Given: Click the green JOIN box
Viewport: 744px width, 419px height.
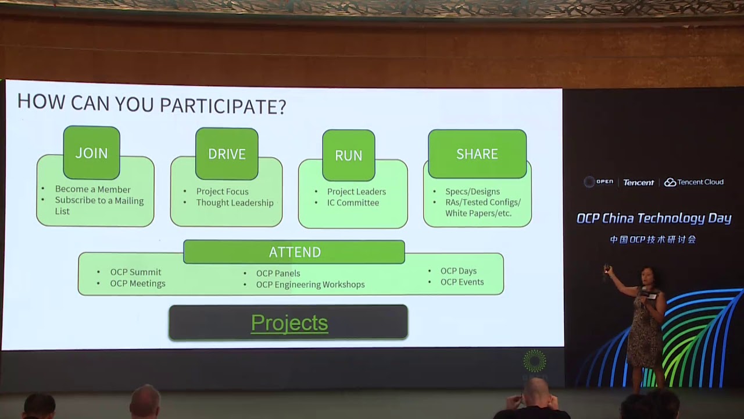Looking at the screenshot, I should [91, 153].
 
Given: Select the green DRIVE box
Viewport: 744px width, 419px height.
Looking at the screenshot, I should [227, 154].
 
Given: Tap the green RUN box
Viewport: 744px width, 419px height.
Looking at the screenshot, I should [349, 155].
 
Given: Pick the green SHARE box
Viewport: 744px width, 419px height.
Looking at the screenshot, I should [477, 154].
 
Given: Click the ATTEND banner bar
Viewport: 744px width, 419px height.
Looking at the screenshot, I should [294, 252].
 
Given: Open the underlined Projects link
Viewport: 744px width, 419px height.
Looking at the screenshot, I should [289, 323].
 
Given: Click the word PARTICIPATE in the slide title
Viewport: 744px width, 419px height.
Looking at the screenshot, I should [223, 105].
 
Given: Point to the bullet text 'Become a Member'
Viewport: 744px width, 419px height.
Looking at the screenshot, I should [93, 189].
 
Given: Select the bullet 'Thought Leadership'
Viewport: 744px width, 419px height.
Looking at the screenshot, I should [235, 203].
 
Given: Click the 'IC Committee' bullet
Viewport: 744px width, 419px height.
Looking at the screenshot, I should [353, 203].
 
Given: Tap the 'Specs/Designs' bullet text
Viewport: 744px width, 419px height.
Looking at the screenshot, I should [473, 191].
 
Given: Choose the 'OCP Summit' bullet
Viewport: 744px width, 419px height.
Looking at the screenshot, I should [136, 272].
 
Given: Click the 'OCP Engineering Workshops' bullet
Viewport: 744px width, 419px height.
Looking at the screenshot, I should [310, 285].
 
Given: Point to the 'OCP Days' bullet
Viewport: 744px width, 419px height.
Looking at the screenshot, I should [459, 271].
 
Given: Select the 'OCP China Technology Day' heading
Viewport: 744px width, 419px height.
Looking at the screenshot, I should [654, 218].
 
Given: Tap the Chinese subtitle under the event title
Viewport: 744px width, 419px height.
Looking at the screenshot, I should [653, 239].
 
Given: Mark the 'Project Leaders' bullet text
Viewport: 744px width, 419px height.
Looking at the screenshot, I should [356, 191].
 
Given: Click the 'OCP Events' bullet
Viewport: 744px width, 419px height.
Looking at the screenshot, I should [462, 282].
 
